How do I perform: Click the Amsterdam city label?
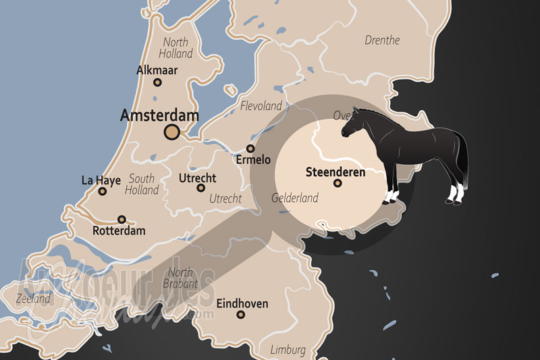(159, 115)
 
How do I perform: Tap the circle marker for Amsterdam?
(172, 132)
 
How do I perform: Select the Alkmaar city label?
(157, 70)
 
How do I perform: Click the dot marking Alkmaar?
(157, 82)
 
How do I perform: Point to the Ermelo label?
(252, 160)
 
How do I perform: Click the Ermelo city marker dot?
(250, 149)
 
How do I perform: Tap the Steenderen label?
(335, 172)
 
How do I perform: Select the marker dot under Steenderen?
(337, 183)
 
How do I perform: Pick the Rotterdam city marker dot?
(122, 219)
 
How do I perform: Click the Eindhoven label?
(242, 304)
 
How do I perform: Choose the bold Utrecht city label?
(198, 178)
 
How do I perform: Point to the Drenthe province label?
(382, 41)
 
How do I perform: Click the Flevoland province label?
(261, 106)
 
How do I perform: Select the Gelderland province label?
(294, 199)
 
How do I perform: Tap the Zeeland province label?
(33, 298)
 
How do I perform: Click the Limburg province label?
(288, 350)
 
